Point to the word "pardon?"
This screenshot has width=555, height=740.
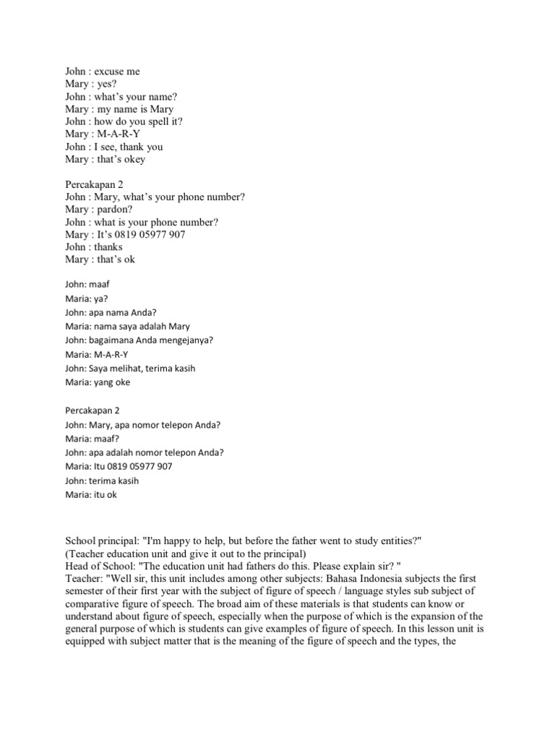tap(115, 209)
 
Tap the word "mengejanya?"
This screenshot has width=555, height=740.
tap(184, 340)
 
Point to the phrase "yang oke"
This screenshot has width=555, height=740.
tap(111, 382)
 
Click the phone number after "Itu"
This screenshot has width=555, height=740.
tap(142, 466)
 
